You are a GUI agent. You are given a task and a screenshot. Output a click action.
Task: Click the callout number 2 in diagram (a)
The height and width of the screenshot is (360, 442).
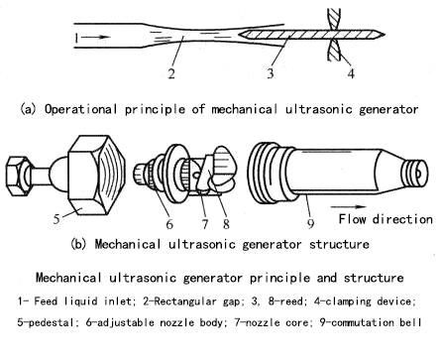coord(171,73)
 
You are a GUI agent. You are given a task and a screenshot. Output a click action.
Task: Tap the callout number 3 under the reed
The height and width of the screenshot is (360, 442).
coord(271,72)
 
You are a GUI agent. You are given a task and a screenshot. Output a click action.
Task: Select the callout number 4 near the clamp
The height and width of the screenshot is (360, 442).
coord(351,72)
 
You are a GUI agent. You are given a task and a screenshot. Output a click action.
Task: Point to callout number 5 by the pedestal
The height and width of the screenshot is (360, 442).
coord(56,218)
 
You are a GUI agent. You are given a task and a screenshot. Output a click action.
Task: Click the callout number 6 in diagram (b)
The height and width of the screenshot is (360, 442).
coord(169,224)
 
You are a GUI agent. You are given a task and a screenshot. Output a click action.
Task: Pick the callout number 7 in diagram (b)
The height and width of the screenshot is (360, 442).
coord(205,224)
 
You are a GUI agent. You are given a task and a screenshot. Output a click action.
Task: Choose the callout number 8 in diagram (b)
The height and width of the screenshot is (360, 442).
coord(226,224)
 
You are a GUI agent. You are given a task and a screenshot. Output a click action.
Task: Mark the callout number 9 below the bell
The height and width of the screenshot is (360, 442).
coord(310,224)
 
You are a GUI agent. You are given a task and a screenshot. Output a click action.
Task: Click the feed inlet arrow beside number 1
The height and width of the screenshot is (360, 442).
coord(95,37)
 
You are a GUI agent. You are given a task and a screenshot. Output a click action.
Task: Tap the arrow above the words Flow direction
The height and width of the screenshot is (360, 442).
coord(348,207)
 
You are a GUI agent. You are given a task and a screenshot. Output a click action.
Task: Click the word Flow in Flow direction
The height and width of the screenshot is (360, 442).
coord(353,219)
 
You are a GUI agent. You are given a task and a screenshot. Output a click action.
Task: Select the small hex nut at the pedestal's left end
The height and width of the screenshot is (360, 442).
coord(18,177)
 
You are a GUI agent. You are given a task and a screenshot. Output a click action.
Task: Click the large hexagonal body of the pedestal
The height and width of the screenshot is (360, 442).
coord(96,176)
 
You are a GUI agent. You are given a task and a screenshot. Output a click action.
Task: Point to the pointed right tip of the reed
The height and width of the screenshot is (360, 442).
coord(384,34)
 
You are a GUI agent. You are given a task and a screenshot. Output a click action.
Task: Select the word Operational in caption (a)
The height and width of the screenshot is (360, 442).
coord(80,109)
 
